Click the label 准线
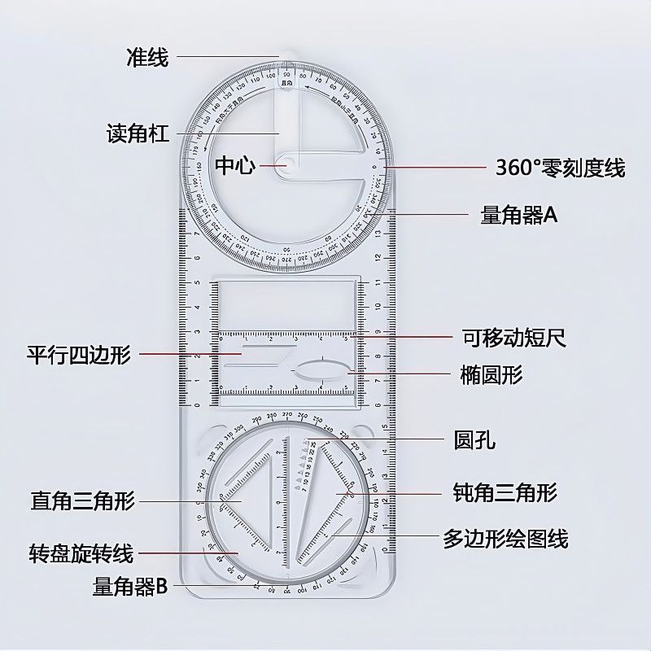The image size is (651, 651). coord(147,57)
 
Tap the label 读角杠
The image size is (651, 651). coord(138,133)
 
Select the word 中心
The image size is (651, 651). coord(235,166)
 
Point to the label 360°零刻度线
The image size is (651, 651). coord(561,168)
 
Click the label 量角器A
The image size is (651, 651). coord(518,215)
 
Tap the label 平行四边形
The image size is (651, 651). coord(78,356)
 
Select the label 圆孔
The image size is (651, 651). coord(474,442)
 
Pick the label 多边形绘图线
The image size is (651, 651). coord(505,538)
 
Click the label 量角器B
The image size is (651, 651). coord(130,586)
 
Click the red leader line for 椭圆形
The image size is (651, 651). coord(399,374)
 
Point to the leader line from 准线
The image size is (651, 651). coord(228,57)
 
